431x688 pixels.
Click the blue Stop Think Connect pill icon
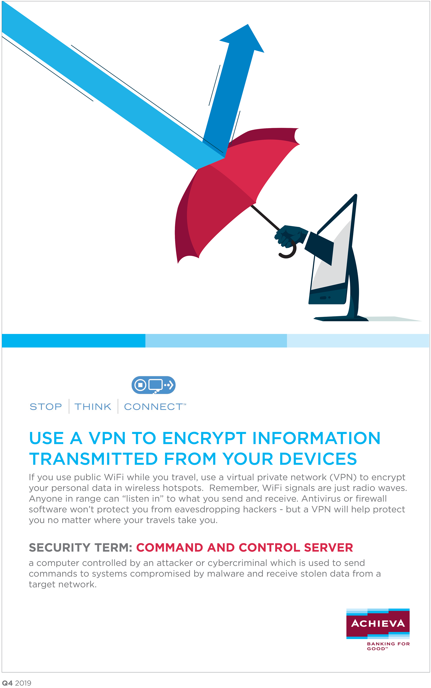[x=153, y=385]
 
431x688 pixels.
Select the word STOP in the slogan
[x=46, y=407]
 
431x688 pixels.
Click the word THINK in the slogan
[x=93, y=407]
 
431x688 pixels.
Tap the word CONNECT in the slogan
[x=153, y=407]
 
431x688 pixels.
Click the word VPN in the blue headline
[x=107, y=438]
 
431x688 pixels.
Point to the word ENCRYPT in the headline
[x=204, y=438]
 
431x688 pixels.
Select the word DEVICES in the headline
[x=318, y=459]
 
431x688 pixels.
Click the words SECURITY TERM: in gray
[x=80, y=548]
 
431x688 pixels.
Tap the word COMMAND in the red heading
[x=170, y=548]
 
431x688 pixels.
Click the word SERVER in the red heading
[x=328, y=548]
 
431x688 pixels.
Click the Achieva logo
[x=378, y=623]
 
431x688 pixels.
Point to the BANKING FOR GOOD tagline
[x=388, y=646]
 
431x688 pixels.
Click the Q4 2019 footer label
[x=17, y=683]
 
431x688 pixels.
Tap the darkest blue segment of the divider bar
[x=74, y=341]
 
